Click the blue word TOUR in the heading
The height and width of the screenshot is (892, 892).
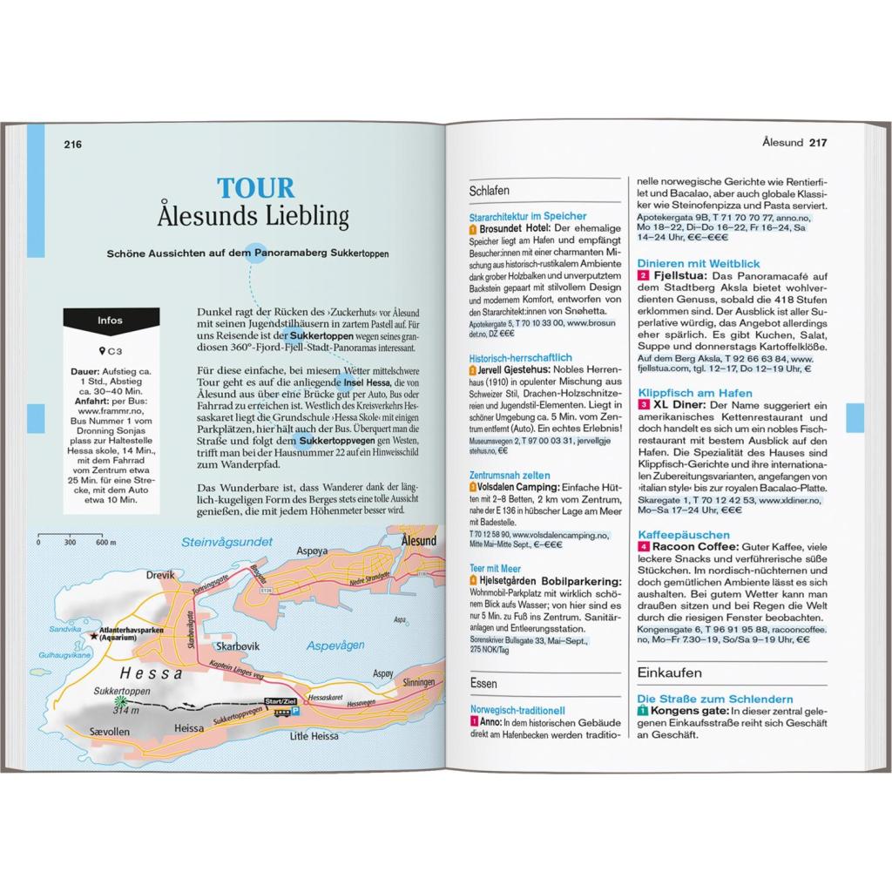[x=255, y=188]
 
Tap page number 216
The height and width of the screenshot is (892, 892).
[x=72, y=144]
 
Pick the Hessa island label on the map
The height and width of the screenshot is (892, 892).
[x=152, y=672]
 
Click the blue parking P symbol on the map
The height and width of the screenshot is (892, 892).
[x=294, y=711]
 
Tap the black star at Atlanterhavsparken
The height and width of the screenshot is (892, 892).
[x=93, y=635]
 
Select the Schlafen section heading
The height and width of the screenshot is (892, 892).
[x=489, y=190]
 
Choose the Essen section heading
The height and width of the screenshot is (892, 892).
[x=483, y=683]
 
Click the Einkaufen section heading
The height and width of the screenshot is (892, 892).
[x=670, y=672]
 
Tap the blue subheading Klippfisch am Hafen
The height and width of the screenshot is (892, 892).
[x=694, y=393]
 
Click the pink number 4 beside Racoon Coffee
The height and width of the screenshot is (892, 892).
[x=642, y=546]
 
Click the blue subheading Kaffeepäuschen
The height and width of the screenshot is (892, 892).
[x=683, y=534]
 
